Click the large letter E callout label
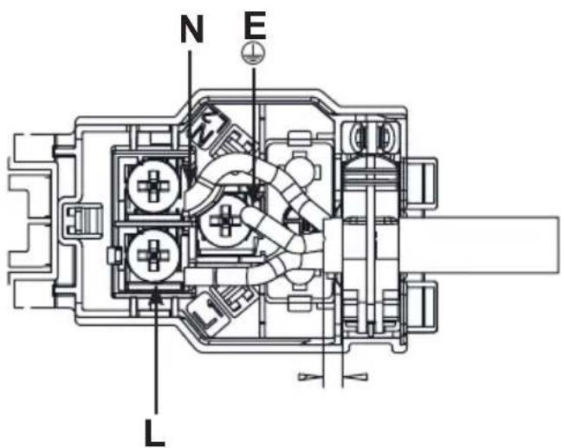coord(255,25)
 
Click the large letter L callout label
coord(155,432)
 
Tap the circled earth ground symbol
coord(254,54)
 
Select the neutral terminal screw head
coord(154,186)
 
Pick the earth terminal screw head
coord(224,221)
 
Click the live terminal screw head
coord(154,255)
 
